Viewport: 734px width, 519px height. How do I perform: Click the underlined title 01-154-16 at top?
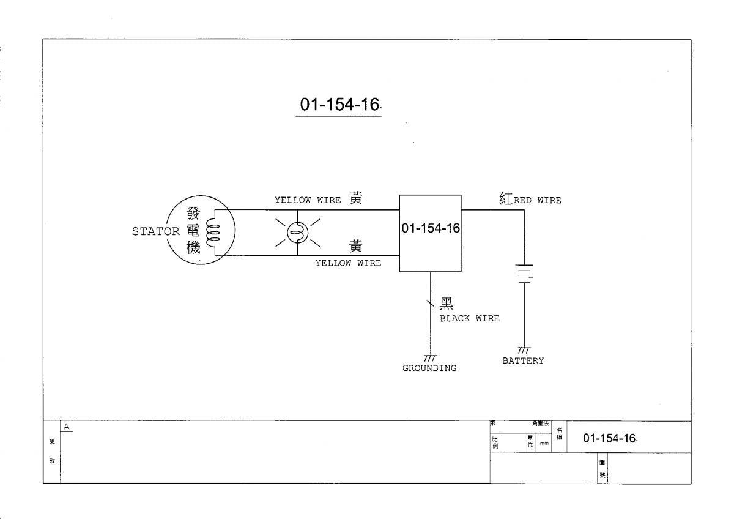coord(338,105)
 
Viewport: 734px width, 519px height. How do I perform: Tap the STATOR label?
coord(155,232)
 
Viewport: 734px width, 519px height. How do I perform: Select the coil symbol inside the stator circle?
coord(212,233)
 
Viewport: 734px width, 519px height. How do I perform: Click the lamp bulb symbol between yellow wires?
coord(298,233)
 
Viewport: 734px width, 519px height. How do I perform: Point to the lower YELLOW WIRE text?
coord(347,263)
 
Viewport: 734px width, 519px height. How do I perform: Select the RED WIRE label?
coord(537,200)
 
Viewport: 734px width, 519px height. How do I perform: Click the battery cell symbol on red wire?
coord(524,274)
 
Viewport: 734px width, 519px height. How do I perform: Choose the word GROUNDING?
coord(429,368)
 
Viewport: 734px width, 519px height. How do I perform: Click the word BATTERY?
coord(523,360)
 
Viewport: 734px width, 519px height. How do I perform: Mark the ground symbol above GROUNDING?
coord(430,357)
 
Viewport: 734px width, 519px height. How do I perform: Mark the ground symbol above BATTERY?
coord(524,349)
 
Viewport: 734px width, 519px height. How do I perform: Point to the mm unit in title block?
coord(543,445)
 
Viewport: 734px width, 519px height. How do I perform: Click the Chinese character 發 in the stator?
coord(193,214)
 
